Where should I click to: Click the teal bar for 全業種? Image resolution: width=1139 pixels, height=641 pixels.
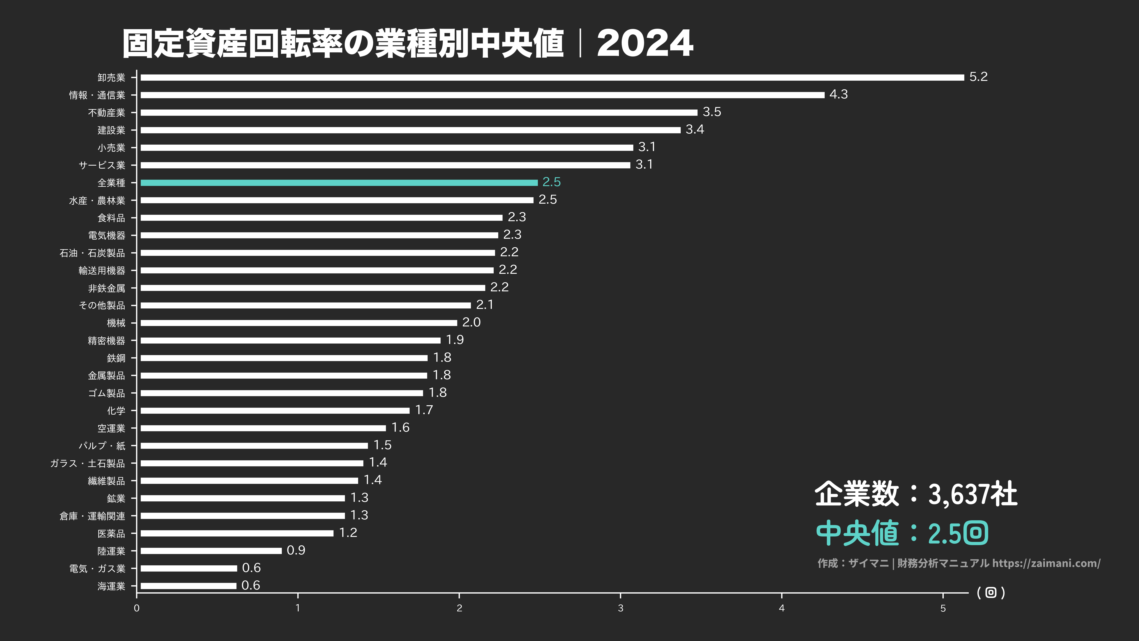click(x=339, y=183)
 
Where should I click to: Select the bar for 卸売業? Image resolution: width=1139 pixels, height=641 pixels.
click(x=552, y=77)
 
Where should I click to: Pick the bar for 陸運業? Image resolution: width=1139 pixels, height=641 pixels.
click(x=211, y=551)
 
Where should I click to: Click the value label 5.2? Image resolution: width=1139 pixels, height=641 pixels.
click(x=978, y=77)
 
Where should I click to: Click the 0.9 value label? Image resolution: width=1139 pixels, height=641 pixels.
click(x=296, y=550)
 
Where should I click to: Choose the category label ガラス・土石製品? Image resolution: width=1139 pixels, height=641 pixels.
click(x=87, y=463)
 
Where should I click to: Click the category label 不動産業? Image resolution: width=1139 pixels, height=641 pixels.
click(x=107, y=113)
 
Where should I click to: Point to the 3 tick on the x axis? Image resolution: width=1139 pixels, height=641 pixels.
click(x=620, y=608)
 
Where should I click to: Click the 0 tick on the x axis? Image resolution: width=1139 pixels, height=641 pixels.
click(x=137, y=608)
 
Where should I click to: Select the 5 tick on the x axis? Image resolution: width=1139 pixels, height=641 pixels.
click(x=943, y=608)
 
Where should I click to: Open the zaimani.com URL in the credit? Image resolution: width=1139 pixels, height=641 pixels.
click(x=1046, y=563)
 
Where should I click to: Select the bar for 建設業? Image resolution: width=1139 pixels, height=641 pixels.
click(x=410, y=130)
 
